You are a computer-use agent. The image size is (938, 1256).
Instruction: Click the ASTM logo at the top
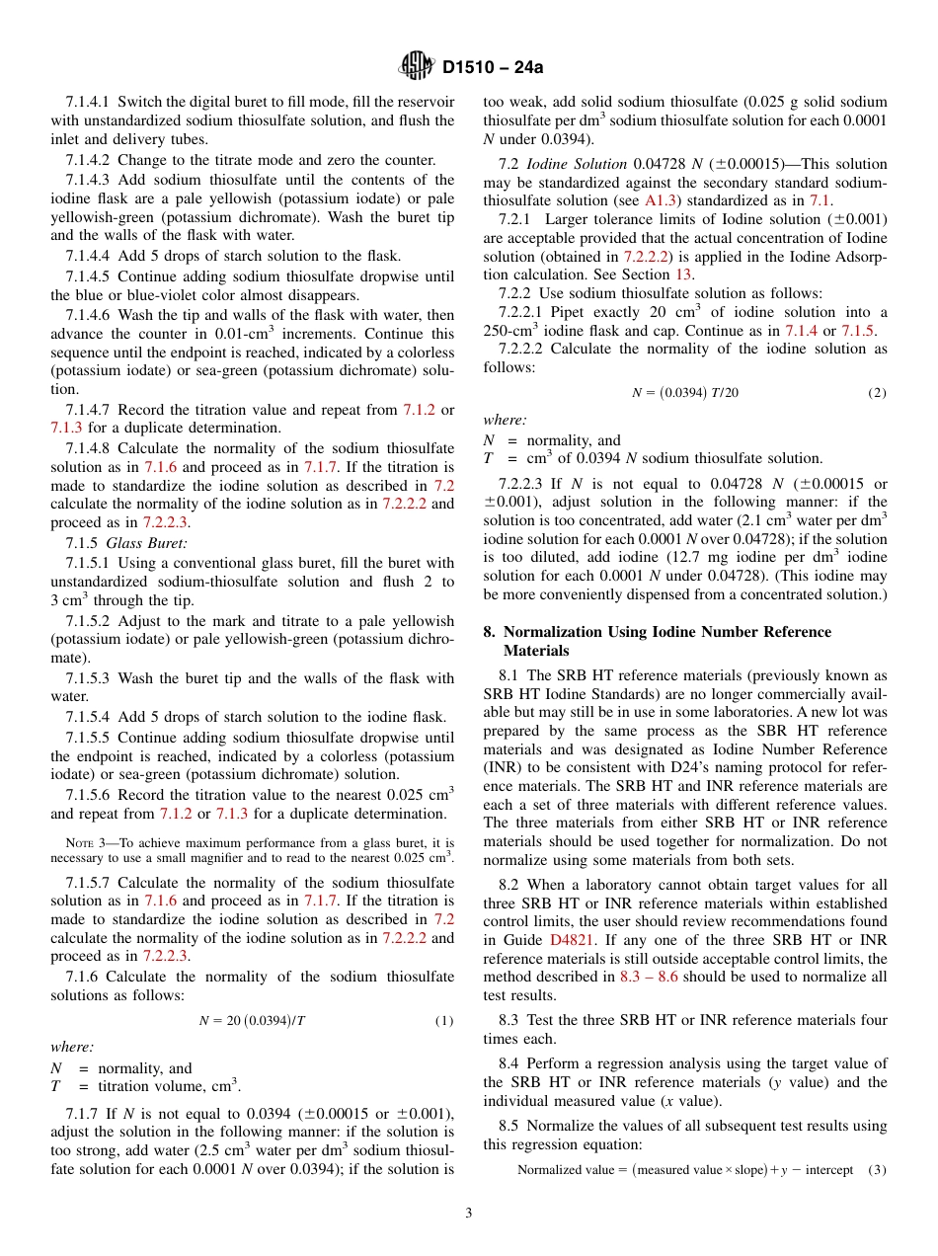click(416, 67)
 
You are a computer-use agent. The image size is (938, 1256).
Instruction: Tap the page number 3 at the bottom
click(469, 1213)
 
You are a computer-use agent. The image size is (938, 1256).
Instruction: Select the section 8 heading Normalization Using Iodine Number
click(666, 632)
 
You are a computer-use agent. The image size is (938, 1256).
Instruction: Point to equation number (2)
click(877, 392)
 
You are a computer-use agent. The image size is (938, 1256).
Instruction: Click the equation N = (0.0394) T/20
click(684, 392)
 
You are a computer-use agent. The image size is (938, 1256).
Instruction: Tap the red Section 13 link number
click(684, 275)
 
